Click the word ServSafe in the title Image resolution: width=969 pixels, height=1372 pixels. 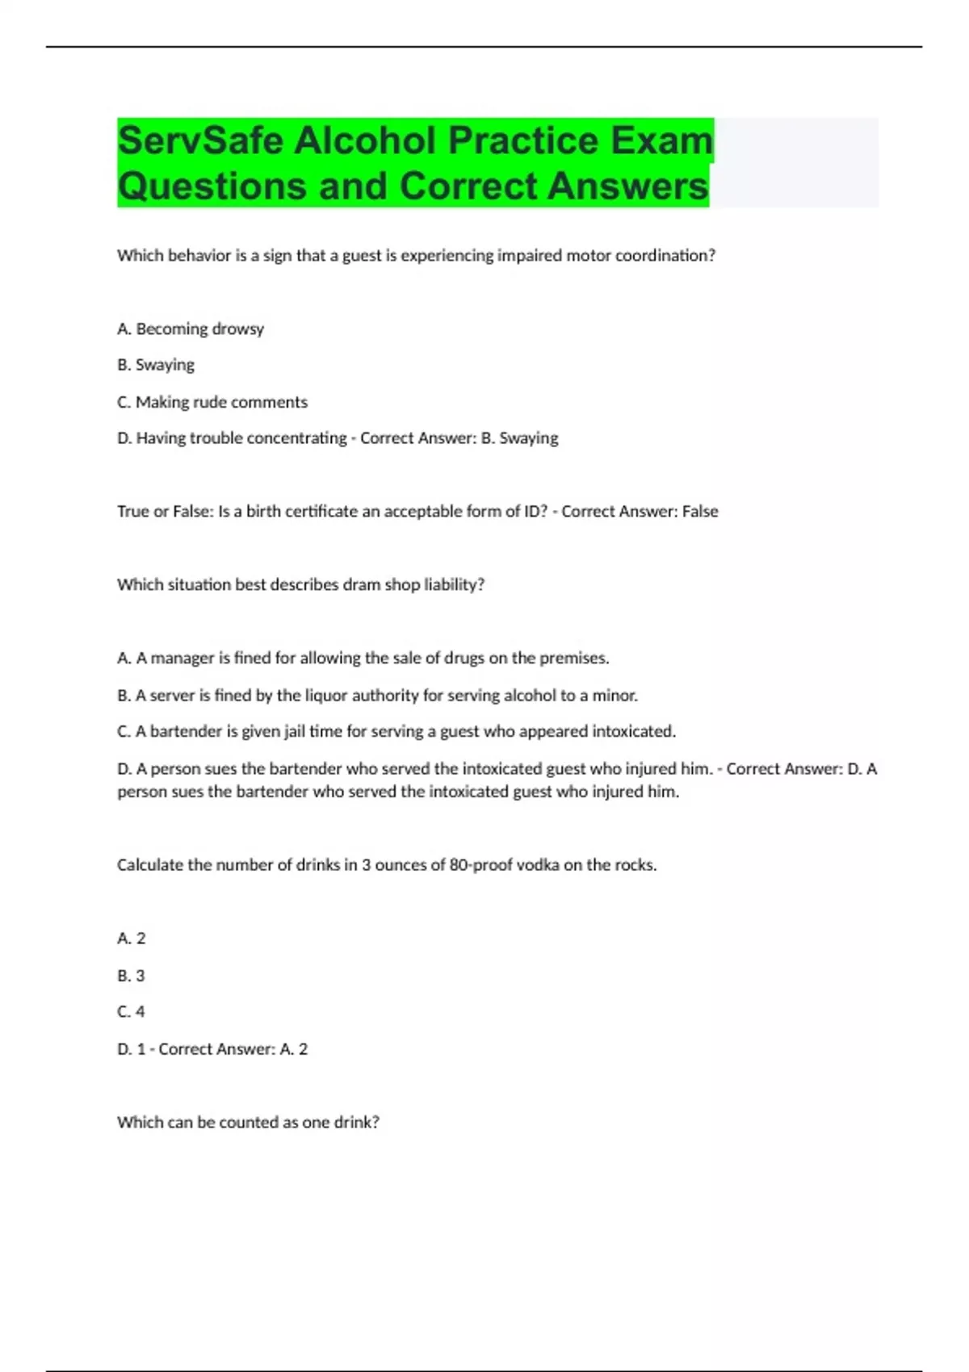click(x=200, y=141)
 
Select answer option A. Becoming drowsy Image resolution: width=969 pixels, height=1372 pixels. click(x=191, y=328)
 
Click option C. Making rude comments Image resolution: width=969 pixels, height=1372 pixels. click(x=212, y=402)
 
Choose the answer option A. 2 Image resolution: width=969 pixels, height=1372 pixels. click(x=132, y=938)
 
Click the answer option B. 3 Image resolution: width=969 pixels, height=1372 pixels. click(x=131, y=975)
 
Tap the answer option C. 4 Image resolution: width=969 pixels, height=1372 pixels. click(x=131, y=1011)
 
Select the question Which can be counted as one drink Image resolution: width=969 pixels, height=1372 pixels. click(x=248, y=1122)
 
